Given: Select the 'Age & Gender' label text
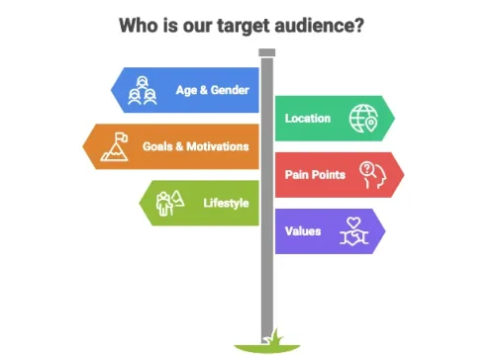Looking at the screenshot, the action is [x=211, y=90].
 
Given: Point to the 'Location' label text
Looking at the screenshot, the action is [x=308, y=118].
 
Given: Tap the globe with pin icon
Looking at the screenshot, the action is [x=362, y=119].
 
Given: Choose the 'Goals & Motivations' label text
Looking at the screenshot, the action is [x=195, y=146].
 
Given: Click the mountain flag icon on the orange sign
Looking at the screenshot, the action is [x=113, y=146].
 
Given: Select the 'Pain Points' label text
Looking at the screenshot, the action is [x=315, y=175].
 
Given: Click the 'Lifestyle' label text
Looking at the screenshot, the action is [x=225, y=203].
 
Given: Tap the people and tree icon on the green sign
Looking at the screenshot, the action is [x=169, y=204].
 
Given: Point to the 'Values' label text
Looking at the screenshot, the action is [x=302, y=231].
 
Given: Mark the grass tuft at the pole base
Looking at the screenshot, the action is [x=267, y=342].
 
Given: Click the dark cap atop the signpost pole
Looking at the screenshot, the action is [x=266, y=51].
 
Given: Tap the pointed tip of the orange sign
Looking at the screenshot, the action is [x=86, y=146].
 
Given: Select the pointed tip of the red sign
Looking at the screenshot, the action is [x=403, y=175].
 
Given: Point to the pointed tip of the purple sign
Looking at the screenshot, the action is [x=384, y=231].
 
